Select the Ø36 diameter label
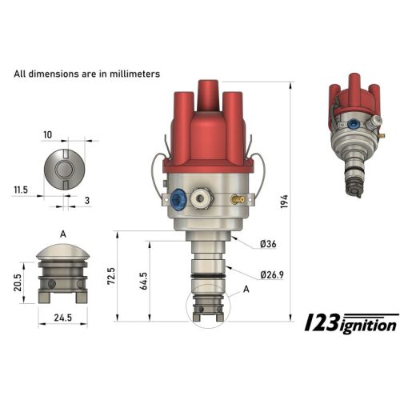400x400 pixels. tap(269, 244)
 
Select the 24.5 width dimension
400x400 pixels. tap(62, 318)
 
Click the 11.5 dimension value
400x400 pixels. tap(22, 190)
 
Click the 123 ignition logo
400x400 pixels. tap(352, 322)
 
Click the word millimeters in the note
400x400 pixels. tap(130, 74)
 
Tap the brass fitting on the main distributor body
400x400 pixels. tap(234, 200)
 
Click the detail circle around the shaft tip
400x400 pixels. tap(206, 307)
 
